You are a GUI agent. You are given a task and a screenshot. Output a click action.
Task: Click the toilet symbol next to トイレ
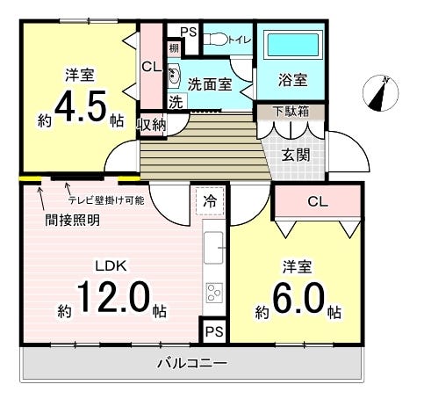pyautogui.click(x=216, y=40)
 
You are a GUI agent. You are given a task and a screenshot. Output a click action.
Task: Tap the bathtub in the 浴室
pyautogui.click(x=293, y=45)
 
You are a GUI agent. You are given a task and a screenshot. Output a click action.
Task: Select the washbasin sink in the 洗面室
pyautogui.click(x=174, y=76)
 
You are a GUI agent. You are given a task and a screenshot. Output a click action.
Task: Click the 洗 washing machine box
pyautogui.click(x=176, y=102)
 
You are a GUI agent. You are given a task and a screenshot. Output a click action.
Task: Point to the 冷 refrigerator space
pyautogui.click(x=210, y=201)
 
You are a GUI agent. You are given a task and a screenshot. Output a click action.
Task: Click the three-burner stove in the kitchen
pyautogui.click(x=214, y=293)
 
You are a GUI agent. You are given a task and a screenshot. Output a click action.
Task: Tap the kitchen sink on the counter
pyautogui.click(x=213, y=248)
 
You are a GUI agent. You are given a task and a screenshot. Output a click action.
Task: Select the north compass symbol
pyautogui.click(x=380, y=93)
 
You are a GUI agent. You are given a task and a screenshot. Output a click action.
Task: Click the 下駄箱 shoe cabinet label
pyautogui.click(x=291, y=112)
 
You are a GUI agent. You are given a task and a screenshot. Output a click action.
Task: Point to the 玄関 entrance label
pyautogui.click(x=296, y=155)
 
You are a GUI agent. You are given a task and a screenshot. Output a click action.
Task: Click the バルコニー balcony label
pyautogui.click(x=192, y=363)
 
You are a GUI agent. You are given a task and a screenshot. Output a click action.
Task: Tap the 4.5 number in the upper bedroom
pyautogui.click(x=81, y=106)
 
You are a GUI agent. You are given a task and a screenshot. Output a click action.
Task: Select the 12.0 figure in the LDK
pyautogui.click(x=113, y=297)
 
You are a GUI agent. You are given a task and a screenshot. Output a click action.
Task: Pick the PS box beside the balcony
pyautogui.click(x=214, y=331)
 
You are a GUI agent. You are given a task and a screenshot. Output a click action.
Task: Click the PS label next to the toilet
pyautogui.click(x=189, y=32)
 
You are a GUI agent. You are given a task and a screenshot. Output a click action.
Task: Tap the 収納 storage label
pyautogui.click(x=152, y=125)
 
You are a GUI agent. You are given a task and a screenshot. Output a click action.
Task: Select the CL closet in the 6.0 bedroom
pyautogui.click(x=318, y=201)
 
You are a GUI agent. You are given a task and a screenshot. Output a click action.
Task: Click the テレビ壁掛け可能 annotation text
pyautogui.click(x=106, y=200)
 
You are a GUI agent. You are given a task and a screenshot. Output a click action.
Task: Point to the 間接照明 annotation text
pyautogui.click(x=72, y=220)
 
